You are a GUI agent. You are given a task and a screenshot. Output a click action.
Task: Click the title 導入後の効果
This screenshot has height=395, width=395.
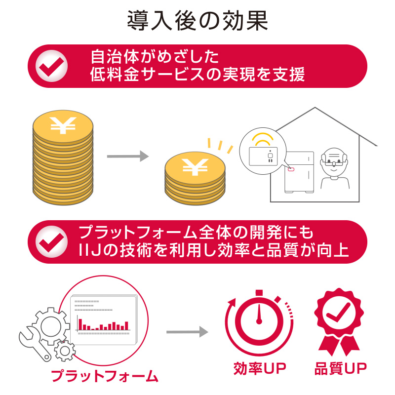coord(197,21)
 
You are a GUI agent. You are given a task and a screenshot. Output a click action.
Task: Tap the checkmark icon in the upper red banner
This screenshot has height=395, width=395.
coord(52,66)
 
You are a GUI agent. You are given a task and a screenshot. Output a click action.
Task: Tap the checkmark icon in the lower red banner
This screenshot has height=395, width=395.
coord(52,242)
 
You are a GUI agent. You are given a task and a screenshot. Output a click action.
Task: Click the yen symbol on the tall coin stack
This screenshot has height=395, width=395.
coord(63,125)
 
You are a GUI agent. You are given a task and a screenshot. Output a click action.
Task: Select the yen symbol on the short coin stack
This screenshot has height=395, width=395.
coord(195,167)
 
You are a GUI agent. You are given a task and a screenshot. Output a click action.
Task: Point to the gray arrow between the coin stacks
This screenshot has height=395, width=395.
coord(128,156)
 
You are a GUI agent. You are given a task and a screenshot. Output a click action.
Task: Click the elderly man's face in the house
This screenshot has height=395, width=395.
coord(334,162)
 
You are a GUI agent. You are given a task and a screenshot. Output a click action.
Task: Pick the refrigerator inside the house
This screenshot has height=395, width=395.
coord(299,172)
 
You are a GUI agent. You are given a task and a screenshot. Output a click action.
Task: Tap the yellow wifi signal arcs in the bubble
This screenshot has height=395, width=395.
coord(263,139)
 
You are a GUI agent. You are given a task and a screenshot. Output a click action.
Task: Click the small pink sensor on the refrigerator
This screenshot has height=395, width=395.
coord(291,169)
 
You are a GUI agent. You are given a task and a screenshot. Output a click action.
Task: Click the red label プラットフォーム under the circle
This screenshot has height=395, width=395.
coord(104,376)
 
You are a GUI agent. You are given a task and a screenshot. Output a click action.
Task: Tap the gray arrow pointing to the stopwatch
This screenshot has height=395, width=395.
coord(188,332)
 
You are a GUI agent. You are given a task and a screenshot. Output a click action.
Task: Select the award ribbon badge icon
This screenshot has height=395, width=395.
coord(339,322)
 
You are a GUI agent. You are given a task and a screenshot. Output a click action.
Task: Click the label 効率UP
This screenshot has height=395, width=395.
coord(260,368)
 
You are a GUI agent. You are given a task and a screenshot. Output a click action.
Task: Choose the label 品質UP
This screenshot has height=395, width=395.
coord(340,368)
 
